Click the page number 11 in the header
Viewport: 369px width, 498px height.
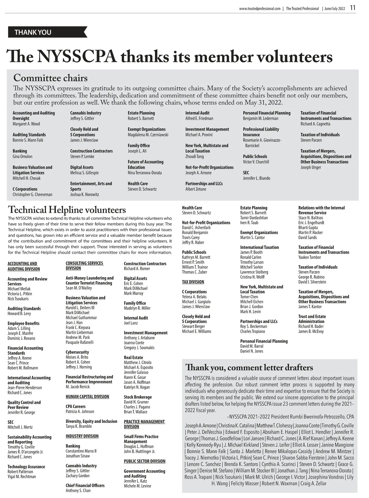(353, 8)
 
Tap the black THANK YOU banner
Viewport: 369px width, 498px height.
(46, 32)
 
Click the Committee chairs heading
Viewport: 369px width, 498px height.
(50, 78)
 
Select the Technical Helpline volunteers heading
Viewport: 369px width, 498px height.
(67, 210)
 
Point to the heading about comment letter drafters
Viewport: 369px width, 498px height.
(249, 367)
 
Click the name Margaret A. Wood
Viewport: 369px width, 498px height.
(26, 124)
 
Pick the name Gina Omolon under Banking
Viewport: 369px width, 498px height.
(22, 157)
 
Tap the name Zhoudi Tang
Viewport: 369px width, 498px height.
(195, 157)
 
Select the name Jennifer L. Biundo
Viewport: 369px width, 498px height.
(256, 178)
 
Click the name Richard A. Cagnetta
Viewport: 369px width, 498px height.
(315, 124)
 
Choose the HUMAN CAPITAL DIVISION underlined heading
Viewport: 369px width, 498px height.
(87, 397)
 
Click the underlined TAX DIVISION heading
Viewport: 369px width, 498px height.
(193, 282)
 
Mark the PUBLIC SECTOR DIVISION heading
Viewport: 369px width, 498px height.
(145, 461)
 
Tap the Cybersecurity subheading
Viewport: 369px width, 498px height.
(77, 352)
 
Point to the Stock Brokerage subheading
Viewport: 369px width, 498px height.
(138, 397)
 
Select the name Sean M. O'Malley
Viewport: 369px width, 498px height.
(79, 288)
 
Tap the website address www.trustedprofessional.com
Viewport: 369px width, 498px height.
(260, 9)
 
